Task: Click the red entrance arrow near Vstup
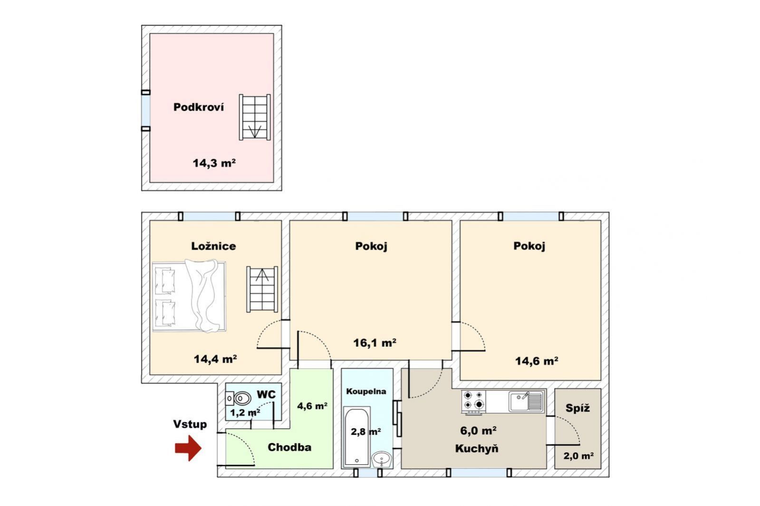pos(188,448)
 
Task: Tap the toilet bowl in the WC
pos(239,399)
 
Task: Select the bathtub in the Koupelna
pos(356,436)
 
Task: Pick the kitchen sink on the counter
pos(526,401)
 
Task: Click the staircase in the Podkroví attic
pos(255,117)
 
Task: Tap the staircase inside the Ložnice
pos(262,289)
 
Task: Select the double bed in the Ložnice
pos(189,296)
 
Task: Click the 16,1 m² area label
pos(375,343)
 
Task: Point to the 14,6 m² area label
pos(537,361)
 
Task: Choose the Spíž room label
pos(577,408)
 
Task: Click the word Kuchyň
pos(477,449)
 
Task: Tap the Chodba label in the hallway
pos(289,447)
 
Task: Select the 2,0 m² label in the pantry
pos(578,456)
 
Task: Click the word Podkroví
pos(199,107)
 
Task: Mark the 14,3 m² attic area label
pos(214,163)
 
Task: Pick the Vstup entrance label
pos(190,424)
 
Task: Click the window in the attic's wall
pos(145,111)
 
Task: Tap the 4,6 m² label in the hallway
pos(312,406)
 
